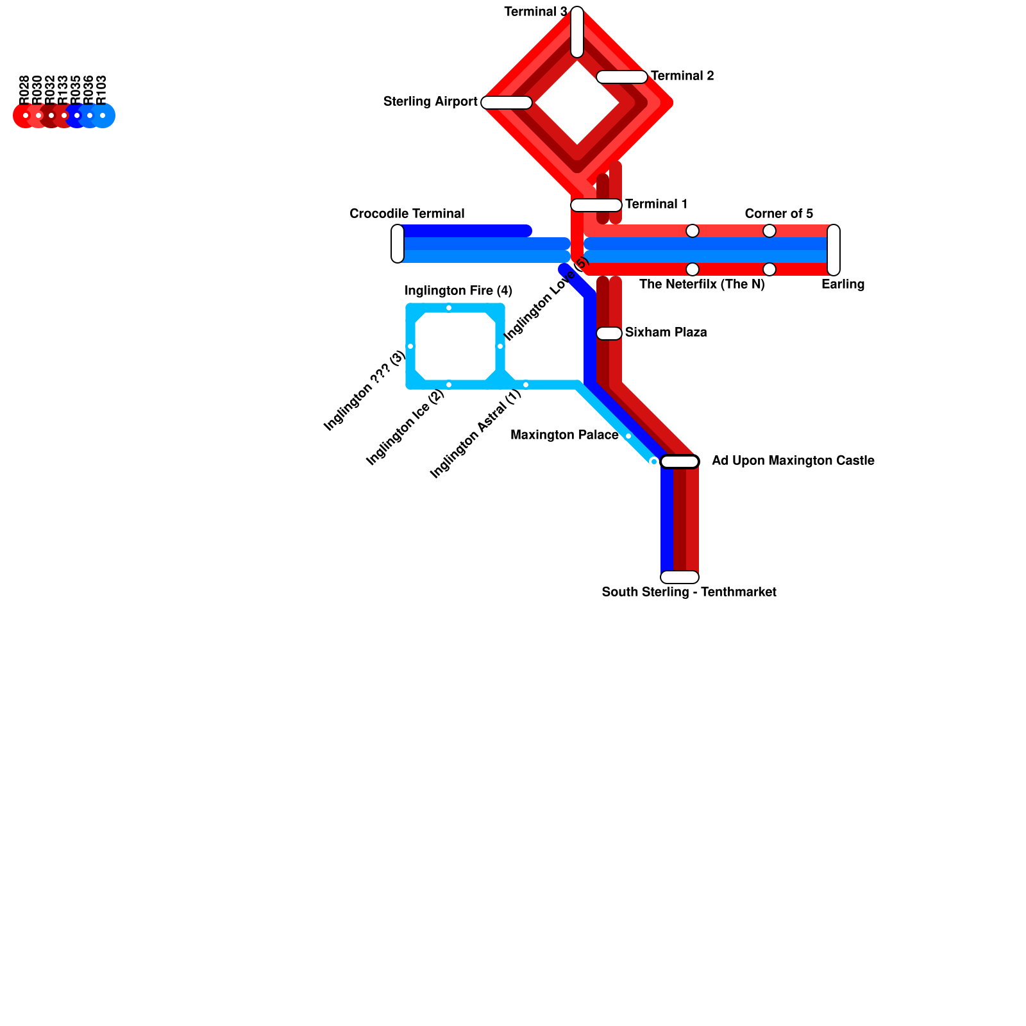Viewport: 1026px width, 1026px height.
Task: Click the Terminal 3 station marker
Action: click(577, 31)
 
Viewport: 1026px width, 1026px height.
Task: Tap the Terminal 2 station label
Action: click(682, 76)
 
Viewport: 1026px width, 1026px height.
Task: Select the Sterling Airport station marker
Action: click(507, 103)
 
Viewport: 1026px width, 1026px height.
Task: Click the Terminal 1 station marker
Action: click(596, 205)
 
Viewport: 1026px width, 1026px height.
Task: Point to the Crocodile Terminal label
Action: click(407, 214)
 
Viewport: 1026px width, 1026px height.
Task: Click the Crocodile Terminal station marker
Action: click(398, 244)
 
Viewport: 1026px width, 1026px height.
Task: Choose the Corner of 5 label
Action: click(778, 214)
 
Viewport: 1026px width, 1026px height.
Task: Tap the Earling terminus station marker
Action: click(834, 250)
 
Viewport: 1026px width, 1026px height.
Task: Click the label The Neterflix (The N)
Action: click(702, 284)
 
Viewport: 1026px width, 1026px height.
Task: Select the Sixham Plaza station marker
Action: click(609, 333)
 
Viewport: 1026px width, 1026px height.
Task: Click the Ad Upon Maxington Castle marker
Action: click(680, 462)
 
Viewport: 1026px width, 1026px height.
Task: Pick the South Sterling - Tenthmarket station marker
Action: click(680, 577)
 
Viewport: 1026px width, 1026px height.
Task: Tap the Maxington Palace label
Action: click(564, 435)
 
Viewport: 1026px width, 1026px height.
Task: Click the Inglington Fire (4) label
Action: click(458, 291)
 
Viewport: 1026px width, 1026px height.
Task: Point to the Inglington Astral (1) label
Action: click(476, 434)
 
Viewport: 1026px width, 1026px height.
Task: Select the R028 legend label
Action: click(24, 90)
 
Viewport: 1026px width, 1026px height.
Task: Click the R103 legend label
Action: click(101, 90)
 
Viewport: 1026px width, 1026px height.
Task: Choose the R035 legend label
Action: click(76, 90)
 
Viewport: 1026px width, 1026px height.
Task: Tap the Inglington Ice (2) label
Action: click(405, 428)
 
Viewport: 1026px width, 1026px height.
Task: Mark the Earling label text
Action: click(843, 284)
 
